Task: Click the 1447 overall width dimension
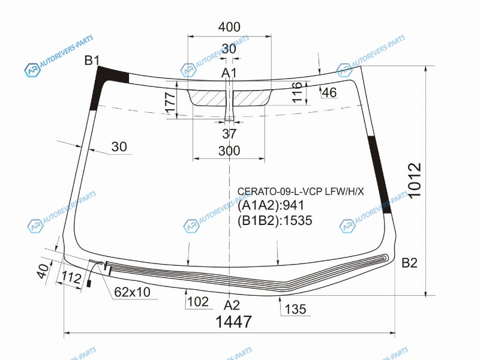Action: (233, 322)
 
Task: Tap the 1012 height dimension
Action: (415, 181)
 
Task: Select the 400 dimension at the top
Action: (229, 27)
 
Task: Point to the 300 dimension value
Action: (229, 151)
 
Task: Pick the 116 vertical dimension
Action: (297, 92)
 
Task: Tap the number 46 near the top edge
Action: (329, 92)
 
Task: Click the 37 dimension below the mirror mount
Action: (229, 133)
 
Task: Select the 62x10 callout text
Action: (132, 292)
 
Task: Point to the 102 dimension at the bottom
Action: (198, 302)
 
